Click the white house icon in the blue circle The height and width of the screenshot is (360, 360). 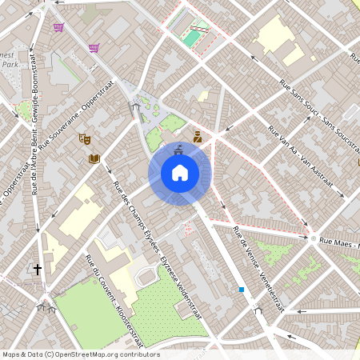[x=179, y=173]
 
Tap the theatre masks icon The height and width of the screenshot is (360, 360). [x=86, y=139]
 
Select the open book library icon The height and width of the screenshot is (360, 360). [x=94, y=158]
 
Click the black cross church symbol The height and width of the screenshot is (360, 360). [x=37, y=270]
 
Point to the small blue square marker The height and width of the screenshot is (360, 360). [x=241, y=290]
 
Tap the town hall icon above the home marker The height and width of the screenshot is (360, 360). [x=179, y=147]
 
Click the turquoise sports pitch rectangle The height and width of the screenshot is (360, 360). [x=191, y=37]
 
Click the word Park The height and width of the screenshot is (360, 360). [x=9, y=64]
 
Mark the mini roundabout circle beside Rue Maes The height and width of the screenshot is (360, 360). [x=313, y=238]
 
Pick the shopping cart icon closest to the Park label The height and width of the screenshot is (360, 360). [x=58, y=27]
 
